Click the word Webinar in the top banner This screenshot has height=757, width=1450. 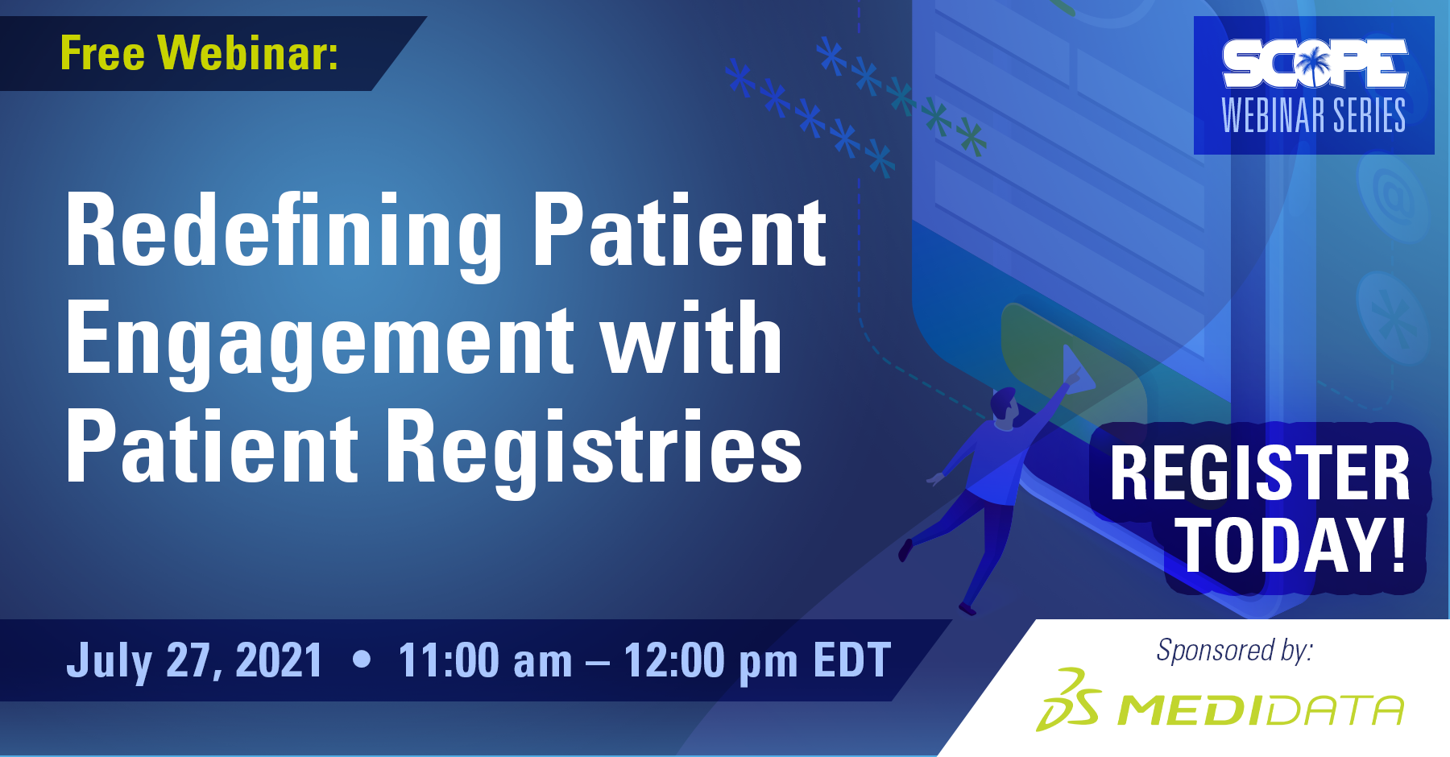[248, 53]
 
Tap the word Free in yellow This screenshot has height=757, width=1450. [102, 53]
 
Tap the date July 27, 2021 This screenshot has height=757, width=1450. [194, 661]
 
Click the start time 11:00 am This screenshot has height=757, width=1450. [485, 661]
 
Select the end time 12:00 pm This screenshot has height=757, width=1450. [710, 661]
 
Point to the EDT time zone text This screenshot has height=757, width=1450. [852, 661]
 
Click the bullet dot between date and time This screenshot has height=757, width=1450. [362, 660]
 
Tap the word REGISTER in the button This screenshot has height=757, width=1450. [1260, 474]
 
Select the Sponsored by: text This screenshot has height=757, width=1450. [1235, 650]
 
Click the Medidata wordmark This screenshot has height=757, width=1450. [1261, 709]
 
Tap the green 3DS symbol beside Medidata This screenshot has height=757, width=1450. [1068, 699]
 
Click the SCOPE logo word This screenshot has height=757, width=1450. [1315, 64]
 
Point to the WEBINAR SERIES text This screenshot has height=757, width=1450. [1314, 115]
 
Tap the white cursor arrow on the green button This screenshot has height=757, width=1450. [1078, 370]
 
